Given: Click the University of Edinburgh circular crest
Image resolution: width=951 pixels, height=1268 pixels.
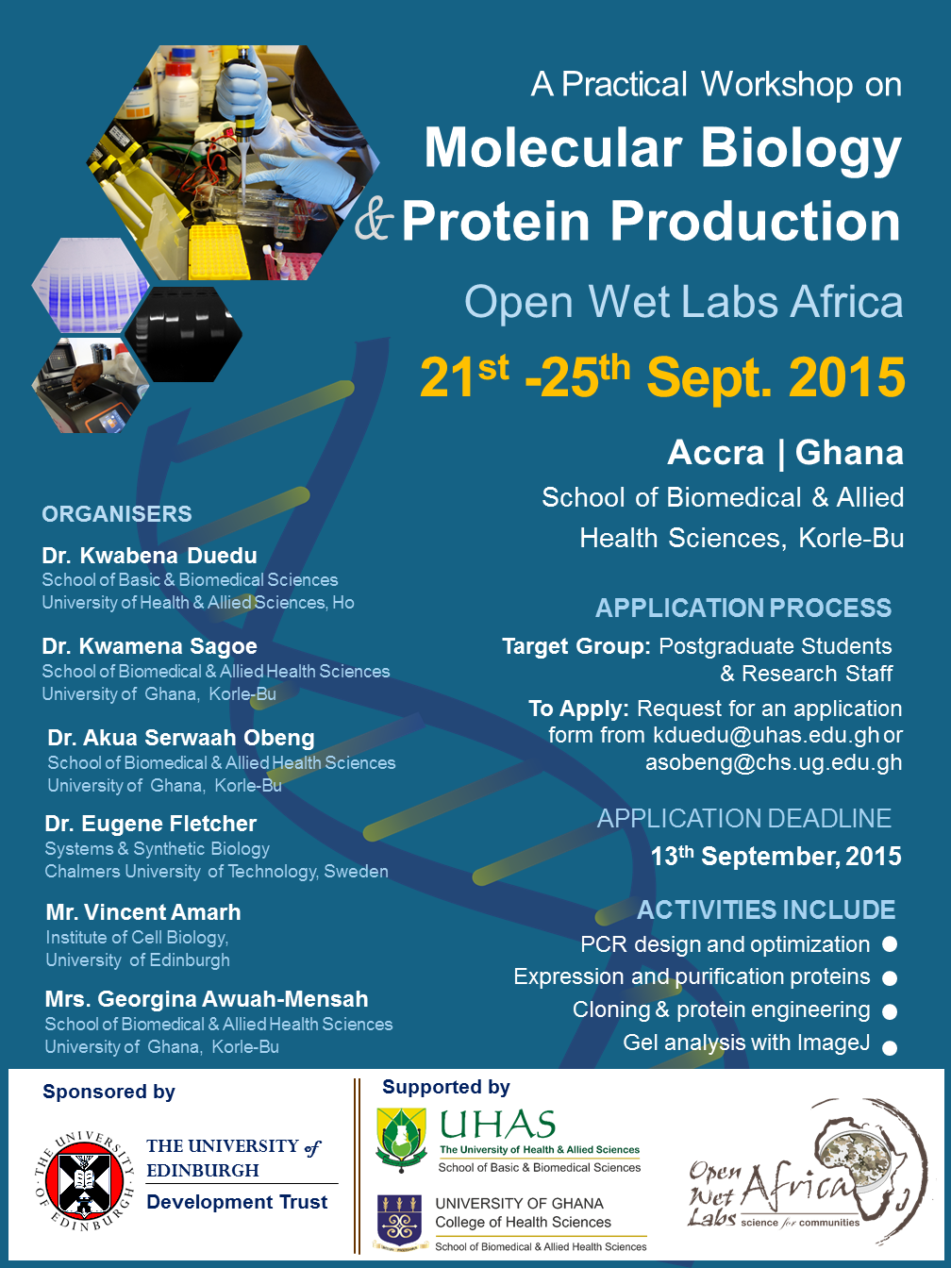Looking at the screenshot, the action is pos(84,1180).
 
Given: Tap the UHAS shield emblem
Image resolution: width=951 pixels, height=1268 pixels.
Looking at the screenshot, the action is pos(401,1139).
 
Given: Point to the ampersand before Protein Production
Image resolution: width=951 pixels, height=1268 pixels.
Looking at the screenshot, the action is pos(375,222).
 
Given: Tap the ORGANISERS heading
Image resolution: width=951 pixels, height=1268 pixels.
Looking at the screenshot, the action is pos(117,513).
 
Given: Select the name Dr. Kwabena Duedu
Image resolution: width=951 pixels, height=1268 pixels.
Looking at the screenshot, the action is pos(150,555).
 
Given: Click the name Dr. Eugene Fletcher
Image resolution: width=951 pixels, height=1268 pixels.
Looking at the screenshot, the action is pos(151,824).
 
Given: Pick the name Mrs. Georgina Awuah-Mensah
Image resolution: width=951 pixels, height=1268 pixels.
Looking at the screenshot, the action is pos(207,999).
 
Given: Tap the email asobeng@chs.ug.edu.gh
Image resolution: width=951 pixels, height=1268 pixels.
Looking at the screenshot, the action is pos(774,762).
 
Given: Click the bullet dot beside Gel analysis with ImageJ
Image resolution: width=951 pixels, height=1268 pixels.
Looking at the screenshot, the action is pos(890,1047).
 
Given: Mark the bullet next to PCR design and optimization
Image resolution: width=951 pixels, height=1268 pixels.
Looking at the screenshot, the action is pos(890,943).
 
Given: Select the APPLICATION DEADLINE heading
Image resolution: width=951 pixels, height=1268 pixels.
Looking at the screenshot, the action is pos(744,818).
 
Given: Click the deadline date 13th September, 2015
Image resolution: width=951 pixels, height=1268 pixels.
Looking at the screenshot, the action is pos(776,856).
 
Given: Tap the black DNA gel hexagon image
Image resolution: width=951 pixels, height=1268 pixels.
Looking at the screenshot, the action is pos(183,334).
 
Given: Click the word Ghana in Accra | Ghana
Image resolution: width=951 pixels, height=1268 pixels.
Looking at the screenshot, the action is pos(849,452).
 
